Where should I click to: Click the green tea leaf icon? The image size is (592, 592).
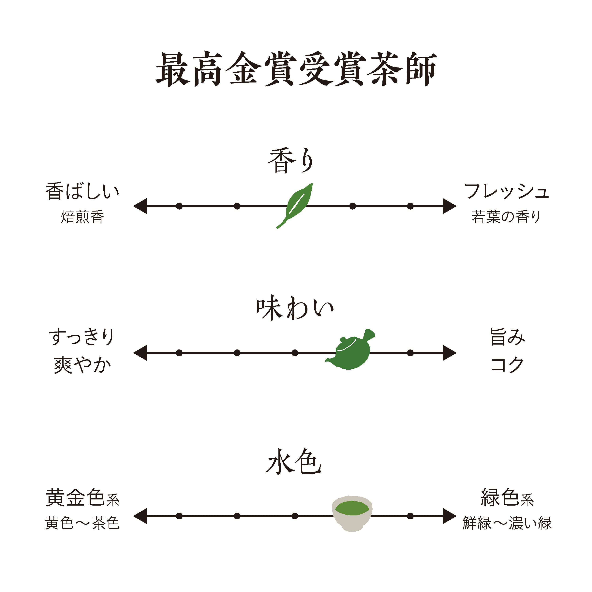(295, 205)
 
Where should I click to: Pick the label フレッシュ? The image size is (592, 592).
(506, 191)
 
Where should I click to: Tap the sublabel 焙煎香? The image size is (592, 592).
(82, 217)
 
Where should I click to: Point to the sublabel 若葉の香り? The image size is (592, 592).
(506, 217)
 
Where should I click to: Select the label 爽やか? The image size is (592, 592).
(82, 365)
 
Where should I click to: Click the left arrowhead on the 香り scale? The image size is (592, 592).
(140, 206)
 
